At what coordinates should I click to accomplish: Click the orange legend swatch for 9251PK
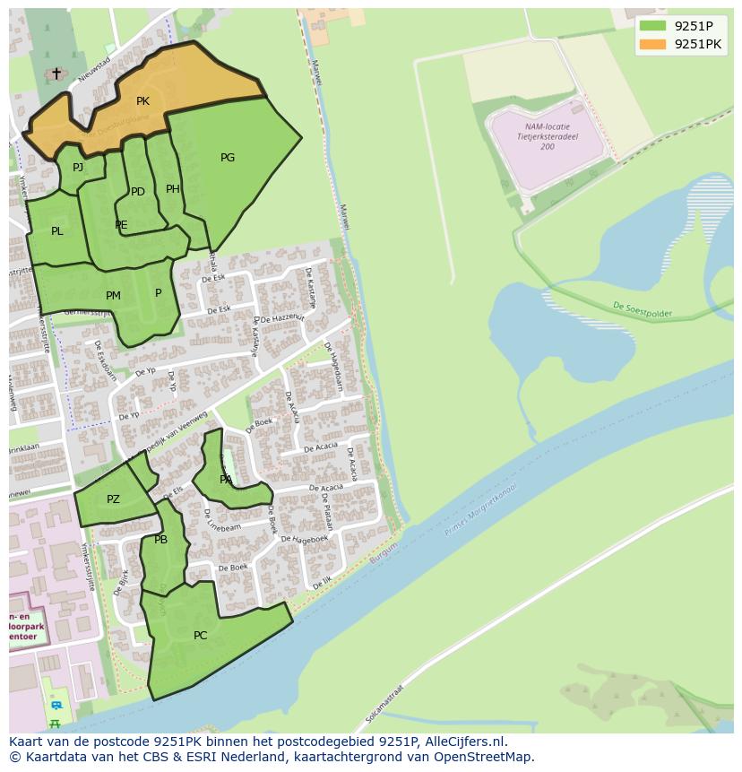pos(653,43)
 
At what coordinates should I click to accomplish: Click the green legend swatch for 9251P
pos(653,26)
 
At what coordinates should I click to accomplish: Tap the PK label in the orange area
pos(142,101)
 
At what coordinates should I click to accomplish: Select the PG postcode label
pos(228,158)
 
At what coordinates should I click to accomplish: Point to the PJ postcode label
pos(78,167)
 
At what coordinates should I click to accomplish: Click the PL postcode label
pos(57,231)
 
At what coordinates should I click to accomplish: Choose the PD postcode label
pos(138,192)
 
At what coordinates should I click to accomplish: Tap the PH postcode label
pos(173,189)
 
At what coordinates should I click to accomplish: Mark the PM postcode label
pos(113,296)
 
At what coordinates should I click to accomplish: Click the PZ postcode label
pos(113,499)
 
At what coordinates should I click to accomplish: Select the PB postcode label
pos(160,540)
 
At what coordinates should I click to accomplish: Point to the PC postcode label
pos(200,636)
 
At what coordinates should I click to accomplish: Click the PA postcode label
pos(226,480)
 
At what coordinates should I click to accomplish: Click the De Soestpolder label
pos(642,310)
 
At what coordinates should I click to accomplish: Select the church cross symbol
pos(56,73)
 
